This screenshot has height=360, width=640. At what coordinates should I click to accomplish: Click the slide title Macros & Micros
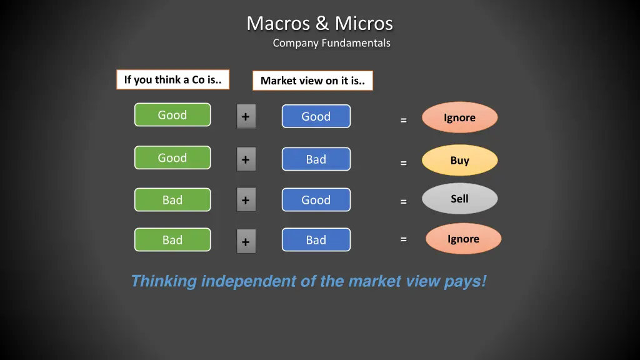[319, 24]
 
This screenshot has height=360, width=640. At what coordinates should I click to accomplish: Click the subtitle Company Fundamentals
[331, 43]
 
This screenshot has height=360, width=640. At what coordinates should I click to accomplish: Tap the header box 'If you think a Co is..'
[172, 79]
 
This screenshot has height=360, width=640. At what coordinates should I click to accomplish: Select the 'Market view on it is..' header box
[312, 81]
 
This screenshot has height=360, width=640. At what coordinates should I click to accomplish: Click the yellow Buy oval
[459, 161]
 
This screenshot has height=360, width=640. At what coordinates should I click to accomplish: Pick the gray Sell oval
[459, 199]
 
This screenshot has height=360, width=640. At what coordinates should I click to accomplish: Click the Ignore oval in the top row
[459, 117]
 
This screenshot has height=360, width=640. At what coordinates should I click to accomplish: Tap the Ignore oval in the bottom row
[463, 239]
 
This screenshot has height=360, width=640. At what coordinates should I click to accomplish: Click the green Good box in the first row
[172, 115]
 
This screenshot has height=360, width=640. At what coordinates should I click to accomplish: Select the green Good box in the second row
[172, 158]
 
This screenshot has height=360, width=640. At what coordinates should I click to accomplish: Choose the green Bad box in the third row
[172, 200]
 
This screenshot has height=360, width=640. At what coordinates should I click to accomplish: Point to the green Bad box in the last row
[172, 240]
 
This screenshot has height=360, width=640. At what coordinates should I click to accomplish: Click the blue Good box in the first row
[316, 116]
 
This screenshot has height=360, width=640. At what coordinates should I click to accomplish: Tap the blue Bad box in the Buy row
[316, 159]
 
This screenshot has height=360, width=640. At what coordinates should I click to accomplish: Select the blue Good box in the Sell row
[316, 200]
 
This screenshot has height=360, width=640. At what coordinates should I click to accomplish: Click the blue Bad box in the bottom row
[316, 240]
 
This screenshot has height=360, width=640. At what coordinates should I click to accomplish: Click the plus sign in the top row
[246, 117]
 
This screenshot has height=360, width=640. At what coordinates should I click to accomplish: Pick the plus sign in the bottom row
[246, 242]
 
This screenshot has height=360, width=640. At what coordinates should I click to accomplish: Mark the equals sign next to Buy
[404, 163]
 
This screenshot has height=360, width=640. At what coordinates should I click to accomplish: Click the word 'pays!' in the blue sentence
[465, 281]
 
